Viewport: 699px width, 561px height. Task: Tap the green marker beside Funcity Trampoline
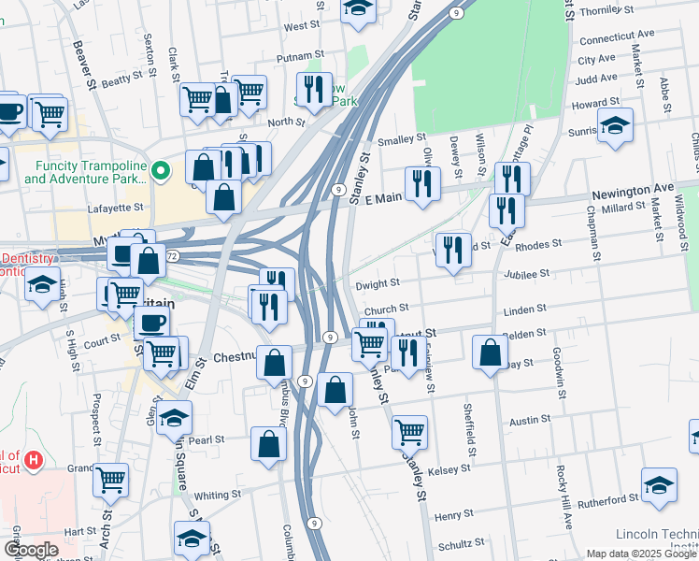(161, 170)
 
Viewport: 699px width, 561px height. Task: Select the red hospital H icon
(34, 460)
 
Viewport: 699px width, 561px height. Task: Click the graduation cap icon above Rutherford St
(659, 485)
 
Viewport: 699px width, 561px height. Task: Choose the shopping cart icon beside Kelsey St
(409, 431)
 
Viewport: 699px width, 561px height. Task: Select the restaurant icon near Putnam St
(313, 90)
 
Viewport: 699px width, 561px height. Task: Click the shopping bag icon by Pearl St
(268, 444)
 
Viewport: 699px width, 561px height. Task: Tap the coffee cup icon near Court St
(151, 324)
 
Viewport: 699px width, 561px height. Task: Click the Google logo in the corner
(31, 550)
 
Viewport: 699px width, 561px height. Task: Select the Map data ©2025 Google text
(640, 553)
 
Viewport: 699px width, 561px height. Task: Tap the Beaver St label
(85, 66)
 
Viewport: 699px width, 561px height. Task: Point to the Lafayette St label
(116, 209)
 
